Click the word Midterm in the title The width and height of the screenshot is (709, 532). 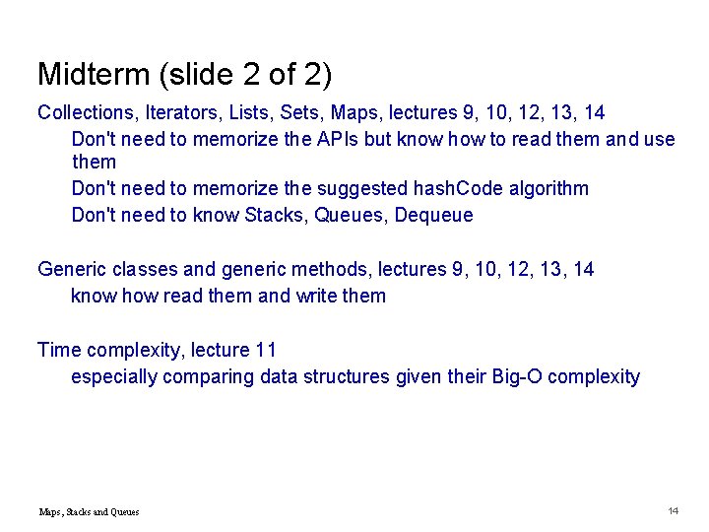(87, 74)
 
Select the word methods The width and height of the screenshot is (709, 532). (302, 269)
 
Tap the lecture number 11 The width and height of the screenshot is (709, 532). (265, 350)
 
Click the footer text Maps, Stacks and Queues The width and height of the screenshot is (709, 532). (89, 511)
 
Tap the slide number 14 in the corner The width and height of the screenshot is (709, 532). (674, 510)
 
